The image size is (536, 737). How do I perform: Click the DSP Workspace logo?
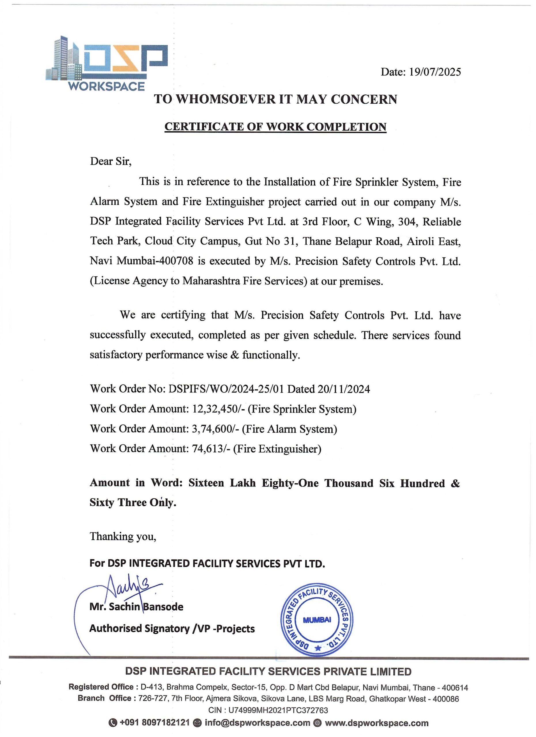[x=106, y=64]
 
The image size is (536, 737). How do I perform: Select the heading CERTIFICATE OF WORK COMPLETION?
[x=275, y=126]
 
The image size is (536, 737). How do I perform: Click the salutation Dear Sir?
[x=111, y=161]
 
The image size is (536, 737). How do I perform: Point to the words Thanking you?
[x=123, y=536]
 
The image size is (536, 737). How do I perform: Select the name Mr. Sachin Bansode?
[x=136, y=606]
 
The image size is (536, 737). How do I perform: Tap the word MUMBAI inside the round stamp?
[x=317, y=620]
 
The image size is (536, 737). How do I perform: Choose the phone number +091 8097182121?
[x=154, y=723]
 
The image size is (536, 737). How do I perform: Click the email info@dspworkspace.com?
[x=257, y=723]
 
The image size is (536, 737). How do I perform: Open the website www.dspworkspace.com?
[x=376, y=723]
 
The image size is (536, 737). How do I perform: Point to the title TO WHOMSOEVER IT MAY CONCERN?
[x=275, y=99]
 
